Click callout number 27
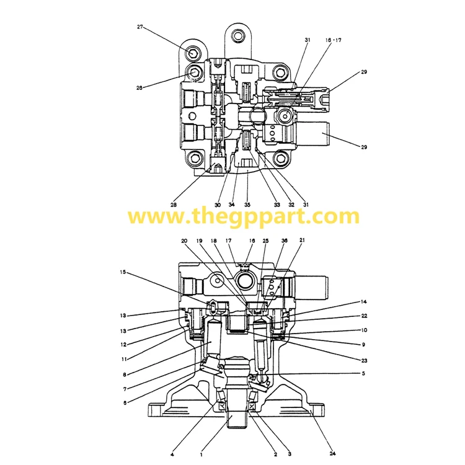[140, 27]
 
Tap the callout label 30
[218, 205]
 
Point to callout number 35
[247, 205]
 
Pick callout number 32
[291, 205]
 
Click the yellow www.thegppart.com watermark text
[243, 217]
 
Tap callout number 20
[184, 241]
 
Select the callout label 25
[265, 241]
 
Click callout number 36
[285, 241]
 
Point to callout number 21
[302, 241]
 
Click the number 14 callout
[364, 302]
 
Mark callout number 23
[363, 360]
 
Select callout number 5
[364, 373]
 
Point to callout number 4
[172, 454]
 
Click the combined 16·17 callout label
[333, 40]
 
